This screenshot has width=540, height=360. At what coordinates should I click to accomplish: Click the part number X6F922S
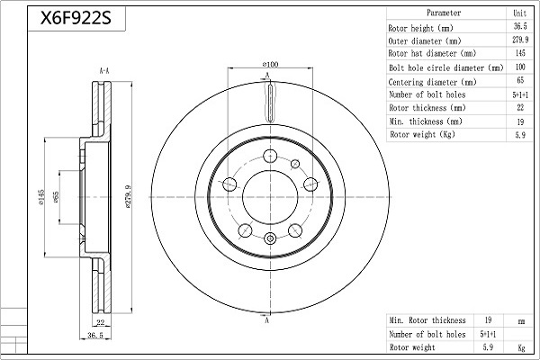coord(76,18)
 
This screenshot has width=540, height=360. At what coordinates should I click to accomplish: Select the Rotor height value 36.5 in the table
coord(520,26)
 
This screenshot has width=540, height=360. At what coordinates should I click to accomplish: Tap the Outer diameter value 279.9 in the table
coord(520,40)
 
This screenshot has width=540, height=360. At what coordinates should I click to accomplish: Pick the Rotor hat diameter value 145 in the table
coord(520,53)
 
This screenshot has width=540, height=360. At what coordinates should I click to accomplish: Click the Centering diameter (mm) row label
coord(432,82)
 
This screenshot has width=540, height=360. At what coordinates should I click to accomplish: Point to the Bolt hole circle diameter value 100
coord(520,67)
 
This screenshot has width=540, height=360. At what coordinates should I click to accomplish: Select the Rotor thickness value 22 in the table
coord(520,107)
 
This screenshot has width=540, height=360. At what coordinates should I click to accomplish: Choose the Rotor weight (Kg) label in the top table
coord(422,134)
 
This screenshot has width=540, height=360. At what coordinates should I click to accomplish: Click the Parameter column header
coord(444,13)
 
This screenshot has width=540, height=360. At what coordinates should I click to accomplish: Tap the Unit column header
coord(519,13)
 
